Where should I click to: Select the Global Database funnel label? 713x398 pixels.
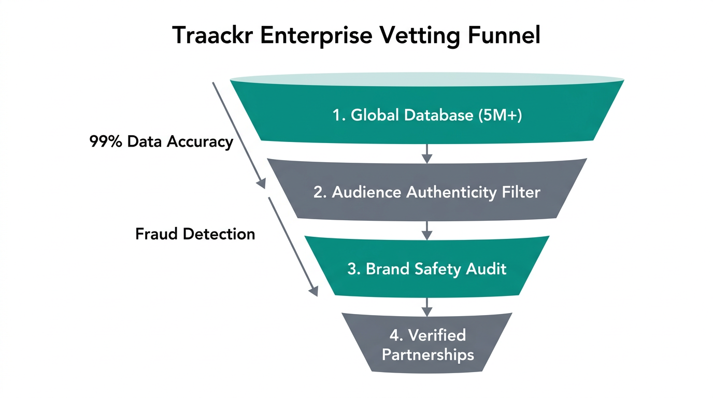pos(427,115)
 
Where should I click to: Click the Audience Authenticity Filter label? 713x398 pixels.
pos(427,192)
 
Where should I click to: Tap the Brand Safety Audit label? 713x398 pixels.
pos(427,269)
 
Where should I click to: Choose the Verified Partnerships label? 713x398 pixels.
pos(427,345)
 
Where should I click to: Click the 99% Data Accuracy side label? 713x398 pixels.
pos(161,141)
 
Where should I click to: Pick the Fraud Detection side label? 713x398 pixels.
pos(195,234)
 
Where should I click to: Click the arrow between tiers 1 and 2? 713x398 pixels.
pos(427,152)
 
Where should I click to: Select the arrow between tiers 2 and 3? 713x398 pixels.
pos(427,230)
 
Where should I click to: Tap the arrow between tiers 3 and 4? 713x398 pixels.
pos(427,306)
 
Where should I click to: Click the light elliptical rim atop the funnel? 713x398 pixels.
pos(427,79)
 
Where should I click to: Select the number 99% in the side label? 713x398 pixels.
pos(105,141)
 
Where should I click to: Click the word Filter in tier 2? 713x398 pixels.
pos(521,192)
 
